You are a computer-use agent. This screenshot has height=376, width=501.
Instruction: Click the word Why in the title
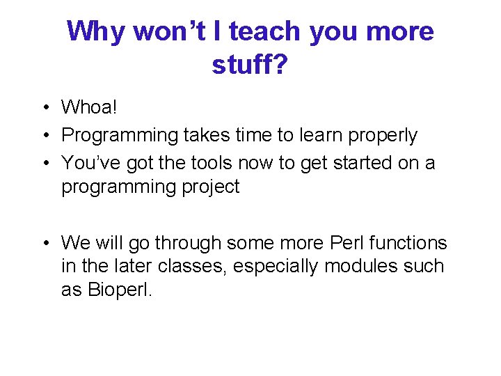point(96,31)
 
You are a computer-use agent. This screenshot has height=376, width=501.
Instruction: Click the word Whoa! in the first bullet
point(90,107)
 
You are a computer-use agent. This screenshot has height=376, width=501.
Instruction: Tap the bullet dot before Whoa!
point(44,108)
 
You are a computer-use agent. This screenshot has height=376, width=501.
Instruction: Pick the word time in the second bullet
point(257,135)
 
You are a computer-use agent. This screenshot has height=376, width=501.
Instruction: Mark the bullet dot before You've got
point(44,163)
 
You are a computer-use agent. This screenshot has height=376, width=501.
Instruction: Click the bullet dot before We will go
point(44,244)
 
